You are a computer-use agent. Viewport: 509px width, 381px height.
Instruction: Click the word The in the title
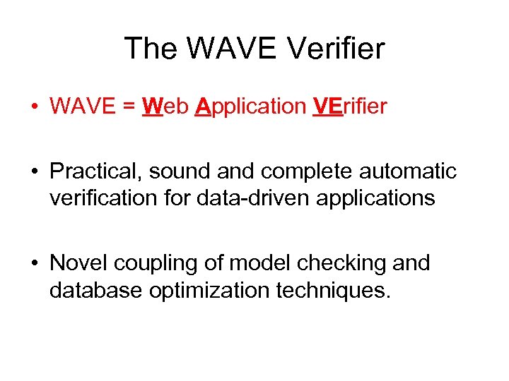click(x=150, y=49)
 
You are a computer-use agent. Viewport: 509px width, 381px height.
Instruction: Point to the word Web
click(x=165, y=107)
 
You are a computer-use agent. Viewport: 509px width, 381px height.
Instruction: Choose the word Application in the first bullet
click(x=250, y=107)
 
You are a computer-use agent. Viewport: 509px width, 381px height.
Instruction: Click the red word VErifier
click(x=349, y=107)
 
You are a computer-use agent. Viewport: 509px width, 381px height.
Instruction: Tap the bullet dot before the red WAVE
click(x=34, y=107)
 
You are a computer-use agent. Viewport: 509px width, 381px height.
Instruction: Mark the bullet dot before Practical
click(x=34, y=172)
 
